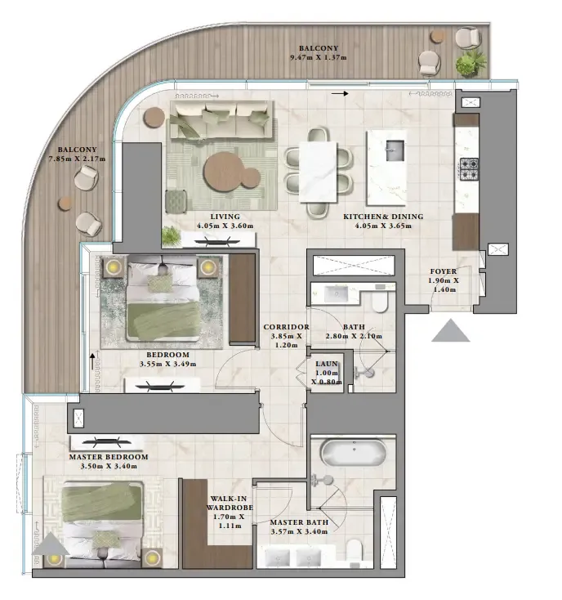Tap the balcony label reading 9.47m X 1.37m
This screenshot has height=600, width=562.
[319, 53]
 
